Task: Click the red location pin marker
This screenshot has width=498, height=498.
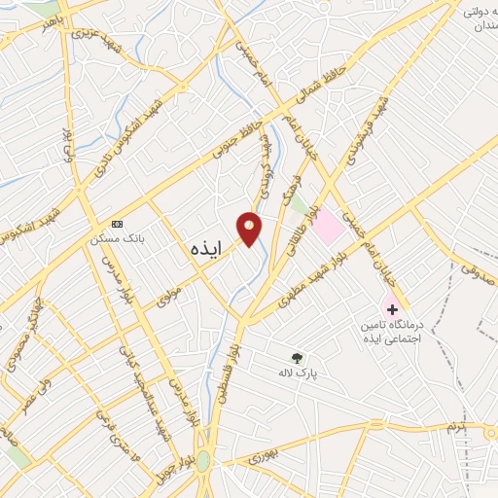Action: coord(250,228)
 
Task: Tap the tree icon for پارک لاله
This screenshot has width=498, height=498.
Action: coord(297,357)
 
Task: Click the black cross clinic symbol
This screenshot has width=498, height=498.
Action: coord(393,309)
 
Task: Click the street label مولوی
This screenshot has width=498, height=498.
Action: coord(170,290)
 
